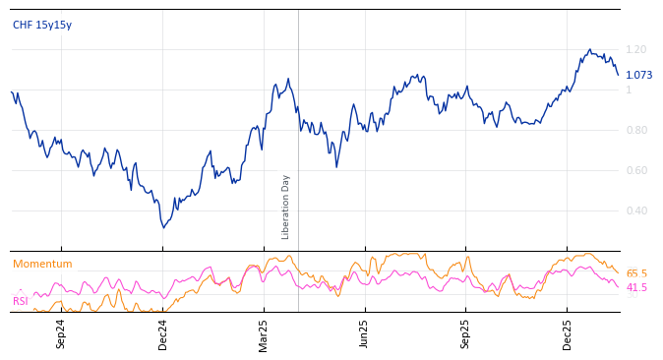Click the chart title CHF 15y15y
pyautogui.click(x=41, y=25)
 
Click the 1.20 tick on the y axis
pyautogui.click(x=636, y=49)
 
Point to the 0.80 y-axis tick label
pyautogui.click(x=636, y=130)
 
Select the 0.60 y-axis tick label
pyautogui.click(x=636, y=170)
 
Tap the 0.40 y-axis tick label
pyautogui.click(x=636, y=210)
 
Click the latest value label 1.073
pyautogui.click(x=638, y=75)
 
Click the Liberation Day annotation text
pyautogui.click(x=286, y=207)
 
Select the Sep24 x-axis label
pyautogui.click(x=61, y=333)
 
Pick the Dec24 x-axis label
pyautogui.click(x=162, y=333)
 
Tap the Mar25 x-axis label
pyautogui.click(x=264, y=333)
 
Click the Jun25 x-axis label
pyautogui.click(x=365, y=333)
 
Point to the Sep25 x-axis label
pyautogui.click(x=466, y=333)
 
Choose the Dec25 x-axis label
pyautogui.click(x=568, y=333)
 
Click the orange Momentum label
pyautogui.click(x=42, y=264)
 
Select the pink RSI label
pyautogui.click(x=21, y=301)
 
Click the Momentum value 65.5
pyautogui.click(x=636, y=273)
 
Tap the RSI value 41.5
pyautogui.click(x=636, y=287)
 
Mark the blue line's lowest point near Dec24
pyautogui.click(x=164, y=228)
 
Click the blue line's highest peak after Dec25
pyautogui.click(x=590, y=49)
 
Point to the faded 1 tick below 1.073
pyautogui.click(x=629, y=90)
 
